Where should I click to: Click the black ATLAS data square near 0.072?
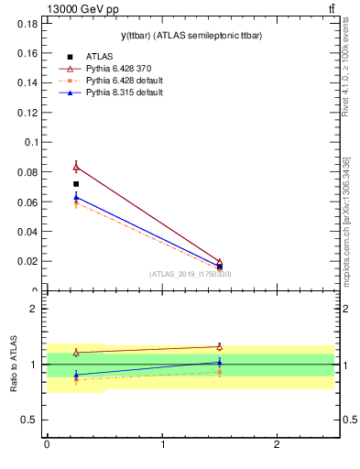pyautogui.click(x=76, y=184)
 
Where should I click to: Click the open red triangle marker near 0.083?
pyautogui.click(x=76, y=167)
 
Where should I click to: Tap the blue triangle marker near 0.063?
pyautogui.click(x=76, y=196)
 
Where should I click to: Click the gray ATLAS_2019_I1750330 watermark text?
pyautogui.click(x=191, y=274)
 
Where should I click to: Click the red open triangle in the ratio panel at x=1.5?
pyautogui.click(x=219, y=346)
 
